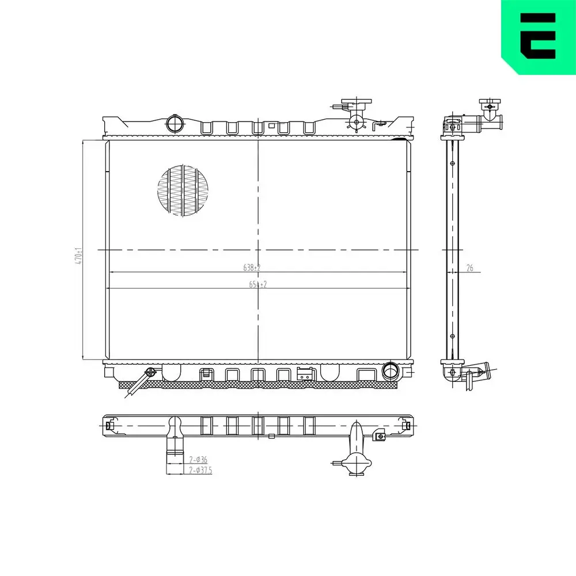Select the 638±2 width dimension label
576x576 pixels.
252,267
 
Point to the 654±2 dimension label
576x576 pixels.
257,284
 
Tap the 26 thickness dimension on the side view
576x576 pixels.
469,267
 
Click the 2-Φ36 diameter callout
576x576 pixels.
198,459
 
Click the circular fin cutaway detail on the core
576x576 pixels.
183,191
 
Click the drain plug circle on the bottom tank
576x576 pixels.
151,372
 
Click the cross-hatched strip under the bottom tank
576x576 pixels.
259,385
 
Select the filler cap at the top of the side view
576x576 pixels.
489,105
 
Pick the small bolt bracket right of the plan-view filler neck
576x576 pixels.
380,436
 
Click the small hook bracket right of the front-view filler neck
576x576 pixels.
378,124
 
